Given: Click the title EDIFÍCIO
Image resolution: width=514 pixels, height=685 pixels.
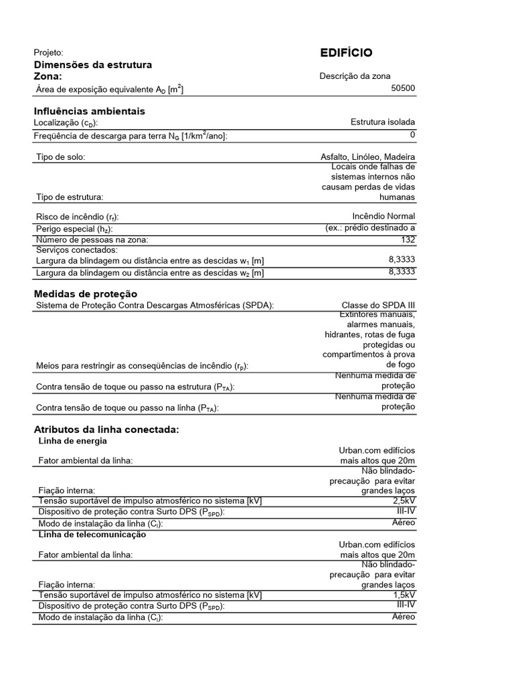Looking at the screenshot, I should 346,54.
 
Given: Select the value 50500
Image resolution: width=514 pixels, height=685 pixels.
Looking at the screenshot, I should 403,88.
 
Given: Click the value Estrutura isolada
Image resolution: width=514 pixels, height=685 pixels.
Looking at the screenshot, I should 382,122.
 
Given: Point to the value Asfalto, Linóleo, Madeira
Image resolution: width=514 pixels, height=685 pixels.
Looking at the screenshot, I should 367,157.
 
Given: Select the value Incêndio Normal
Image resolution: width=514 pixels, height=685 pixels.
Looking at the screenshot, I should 383,216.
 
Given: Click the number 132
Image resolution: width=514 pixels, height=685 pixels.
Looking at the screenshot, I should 408,239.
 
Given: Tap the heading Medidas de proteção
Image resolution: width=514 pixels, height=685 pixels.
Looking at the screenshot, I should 85,294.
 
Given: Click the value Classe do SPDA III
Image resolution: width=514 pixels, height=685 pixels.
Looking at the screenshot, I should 378,305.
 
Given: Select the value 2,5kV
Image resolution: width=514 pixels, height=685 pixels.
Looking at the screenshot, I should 404,500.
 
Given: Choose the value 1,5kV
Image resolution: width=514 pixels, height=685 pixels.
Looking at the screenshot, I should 404,594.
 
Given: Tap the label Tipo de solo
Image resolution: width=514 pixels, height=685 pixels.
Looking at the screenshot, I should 60,157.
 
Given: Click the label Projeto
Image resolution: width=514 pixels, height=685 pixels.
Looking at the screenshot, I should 48,52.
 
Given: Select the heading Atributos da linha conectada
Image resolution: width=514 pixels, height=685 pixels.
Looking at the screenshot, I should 106,429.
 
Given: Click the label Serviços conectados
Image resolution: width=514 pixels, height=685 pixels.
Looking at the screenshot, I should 78,250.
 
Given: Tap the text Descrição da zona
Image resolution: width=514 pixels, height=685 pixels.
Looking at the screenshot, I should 355,76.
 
